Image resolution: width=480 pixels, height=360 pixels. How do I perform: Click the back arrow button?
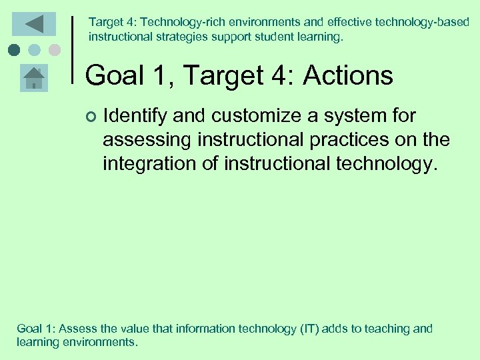(x=34, y=24)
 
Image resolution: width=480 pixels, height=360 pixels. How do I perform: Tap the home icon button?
(x=34, y=79)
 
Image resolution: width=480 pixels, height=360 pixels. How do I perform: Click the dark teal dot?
(x=14, y=49)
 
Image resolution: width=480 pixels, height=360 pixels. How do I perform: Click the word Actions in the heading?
(x=348, y=76)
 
